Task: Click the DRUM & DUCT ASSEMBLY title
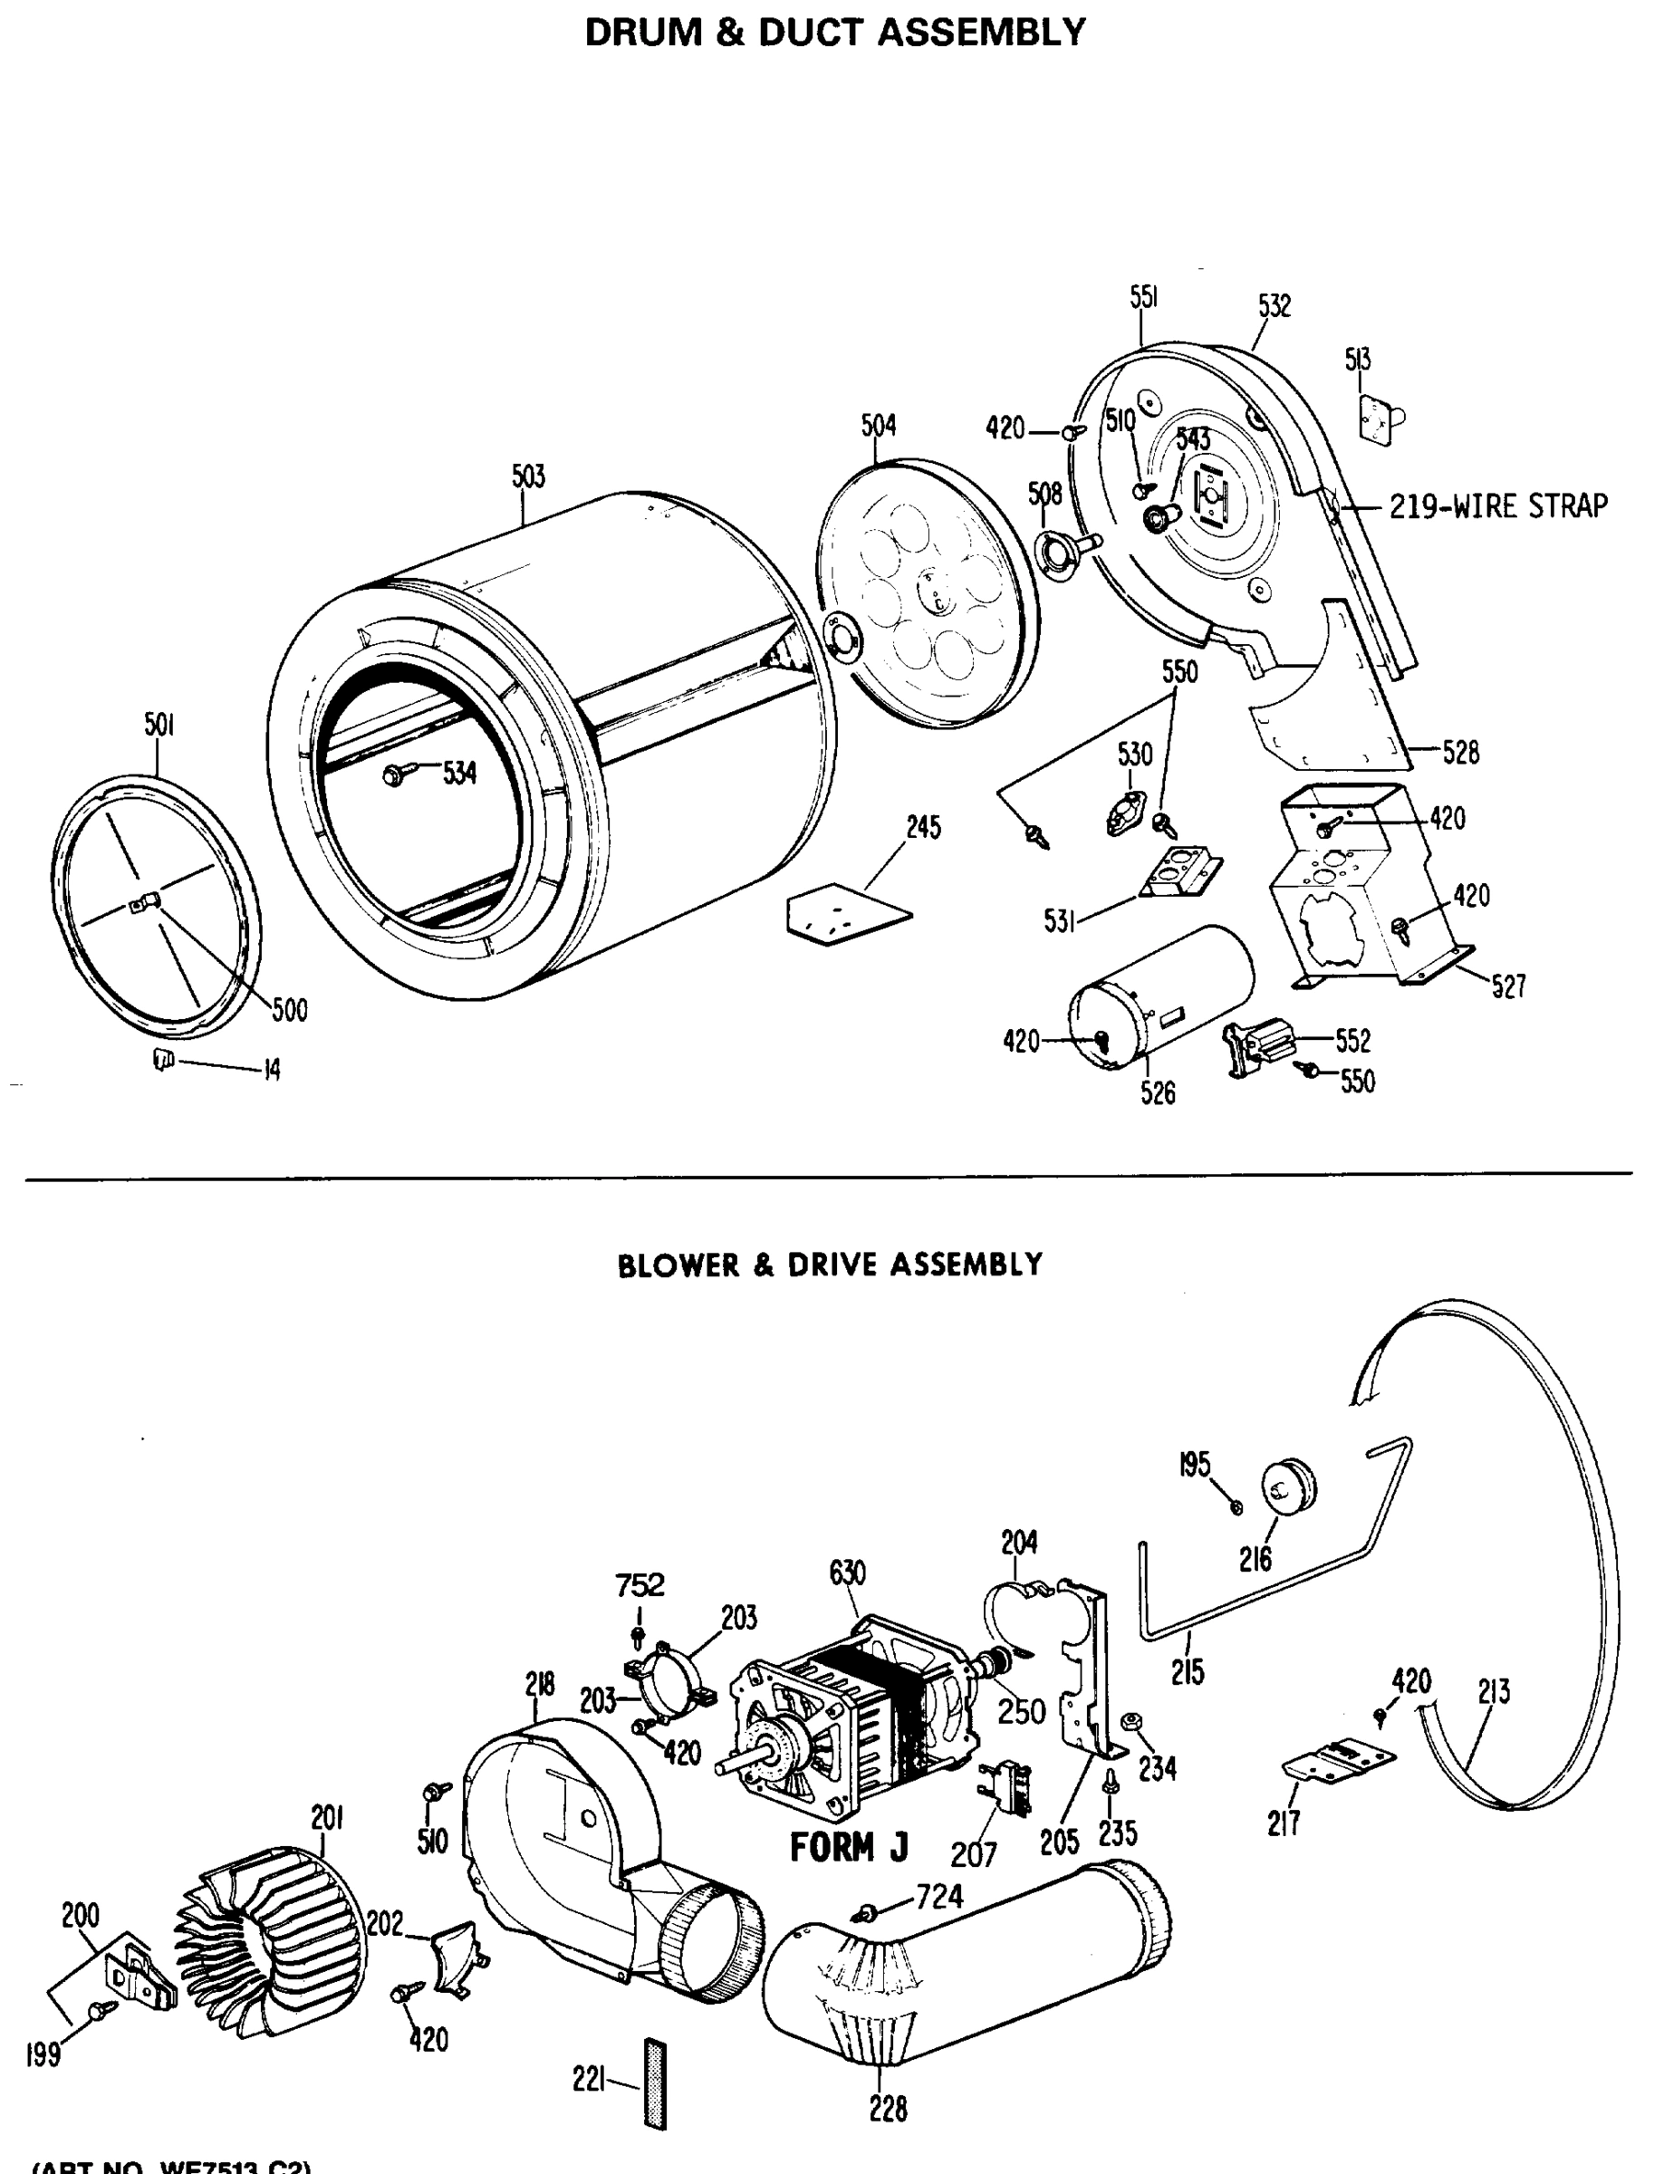[x=835, y=33]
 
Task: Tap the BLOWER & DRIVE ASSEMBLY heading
[x=830, y=1265]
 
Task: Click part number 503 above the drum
[x=528, y=476]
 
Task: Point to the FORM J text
[x=849, y=1848]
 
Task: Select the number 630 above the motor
[x=848, y=1572]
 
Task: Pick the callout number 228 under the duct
[x=888, y=2110]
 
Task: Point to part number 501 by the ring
[x=159, y=725]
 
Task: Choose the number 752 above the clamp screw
[x=639, y=1586]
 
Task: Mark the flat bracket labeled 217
[x=1337, y=1761]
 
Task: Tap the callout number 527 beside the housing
[x=1508, y=986]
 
